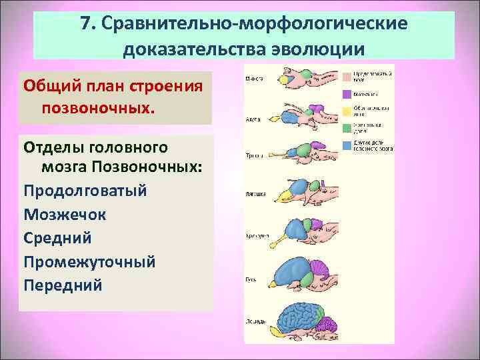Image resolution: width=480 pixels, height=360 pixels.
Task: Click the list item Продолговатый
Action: pos(85,191)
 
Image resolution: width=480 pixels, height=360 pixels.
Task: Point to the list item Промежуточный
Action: pos(89,262)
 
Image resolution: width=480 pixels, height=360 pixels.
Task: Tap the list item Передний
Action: pos(63,285)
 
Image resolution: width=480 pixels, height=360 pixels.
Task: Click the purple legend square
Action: pos(347,94)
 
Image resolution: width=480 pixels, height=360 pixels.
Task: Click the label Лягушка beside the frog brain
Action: pos(257,194)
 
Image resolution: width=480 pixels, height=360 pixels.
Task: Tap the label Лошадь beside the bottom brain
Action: pos(256,321)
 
